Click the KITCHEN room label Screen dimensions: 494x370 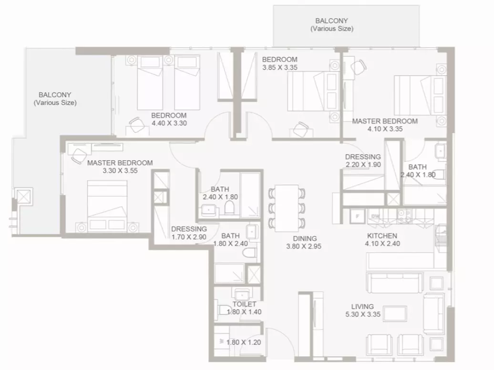click(x=382, y=236)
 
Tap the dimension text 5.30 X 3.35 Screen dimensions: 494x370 click(x=363, y=314)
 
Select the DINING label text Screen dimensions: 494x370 click(x=305, y=238)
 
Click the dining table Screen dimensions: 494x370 click(x=287, y=208)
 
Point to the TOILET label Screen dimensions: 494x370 click(x=244, y=304)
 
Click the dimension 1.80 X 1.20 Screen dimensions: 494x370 click(x=244, y=342)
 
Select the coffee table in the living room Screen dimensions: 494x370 click(x=395, y=314)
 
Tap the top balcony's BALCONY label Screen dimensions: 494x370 click(x=331, y=21)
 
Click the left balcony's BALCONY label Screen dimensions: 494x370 click(x=55, y=95)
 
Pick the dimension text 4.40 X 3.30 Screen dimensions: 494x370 click(x=169, y=123)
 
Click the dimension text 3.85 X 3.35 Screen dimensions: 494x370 click(x=280, y=67)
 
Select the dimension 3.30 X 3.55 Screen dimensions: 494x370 click(x=120, y=171)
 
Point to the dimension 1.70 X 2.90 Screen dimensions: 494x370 click(x=189, y=237)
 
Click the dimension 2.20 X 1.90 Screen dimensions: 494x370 click(x=363, y=164)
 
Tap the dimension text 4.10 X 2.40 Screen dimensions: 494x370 click(x=382, y=244)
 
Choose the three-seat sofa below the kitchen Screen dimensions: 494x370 click(x=395, y=283)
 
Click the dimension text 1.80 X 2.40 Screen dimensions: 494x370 click(x=231, y=244)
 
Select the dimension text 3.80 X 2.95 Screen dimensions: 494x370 click(x=304, y=247)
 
